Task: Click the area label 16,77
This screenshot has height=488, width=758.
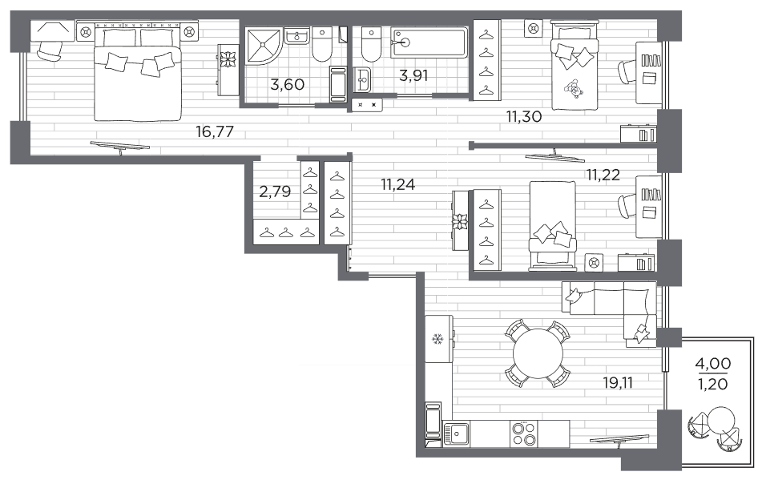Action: click(215, 131)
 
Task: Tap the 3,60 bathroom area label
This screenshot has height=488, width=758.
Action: click(287, 85)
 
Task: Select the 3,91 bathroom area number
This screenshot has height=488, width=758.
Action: click(413, 75)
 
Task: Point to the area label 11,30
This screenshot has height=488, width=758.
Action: click(523, 116)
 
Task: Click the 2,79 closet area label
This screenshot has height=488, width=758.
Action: click(275, 192)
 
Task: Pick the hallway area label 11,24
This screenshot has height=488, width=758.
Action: click(398, 184)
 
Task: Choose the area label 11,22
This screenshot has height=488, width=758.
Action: click(603, 175)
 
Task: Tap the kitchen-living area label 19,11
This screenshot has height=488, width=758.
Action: click(617, 383)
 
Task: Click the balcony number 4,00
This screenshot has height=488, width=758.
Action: click(713, 363)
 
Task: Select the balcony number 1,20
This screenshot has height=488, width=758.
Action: click(713, 385)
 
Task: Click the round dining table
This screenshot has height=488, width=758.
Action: click(538, 353)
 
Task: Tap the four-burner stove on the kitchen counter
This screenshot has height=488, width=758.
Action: click(523, 434)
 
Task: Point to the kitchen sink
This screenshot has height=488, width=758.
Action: click(456, 434)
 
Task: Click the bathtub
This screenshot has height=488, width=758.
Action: click(429, 42)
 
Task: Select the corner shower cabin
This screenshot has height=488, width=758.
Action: click(264, 46)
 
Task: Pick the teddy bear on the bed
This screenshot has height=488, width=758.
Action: click(575, 89)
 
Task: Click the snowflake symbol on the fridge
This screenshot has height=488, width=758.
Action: click(438, 340)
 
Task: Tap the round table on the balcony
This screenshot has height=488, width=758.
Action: click(721, 421)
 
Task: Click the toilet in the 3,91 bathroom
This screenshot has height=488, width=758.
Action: click(371, 45)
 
